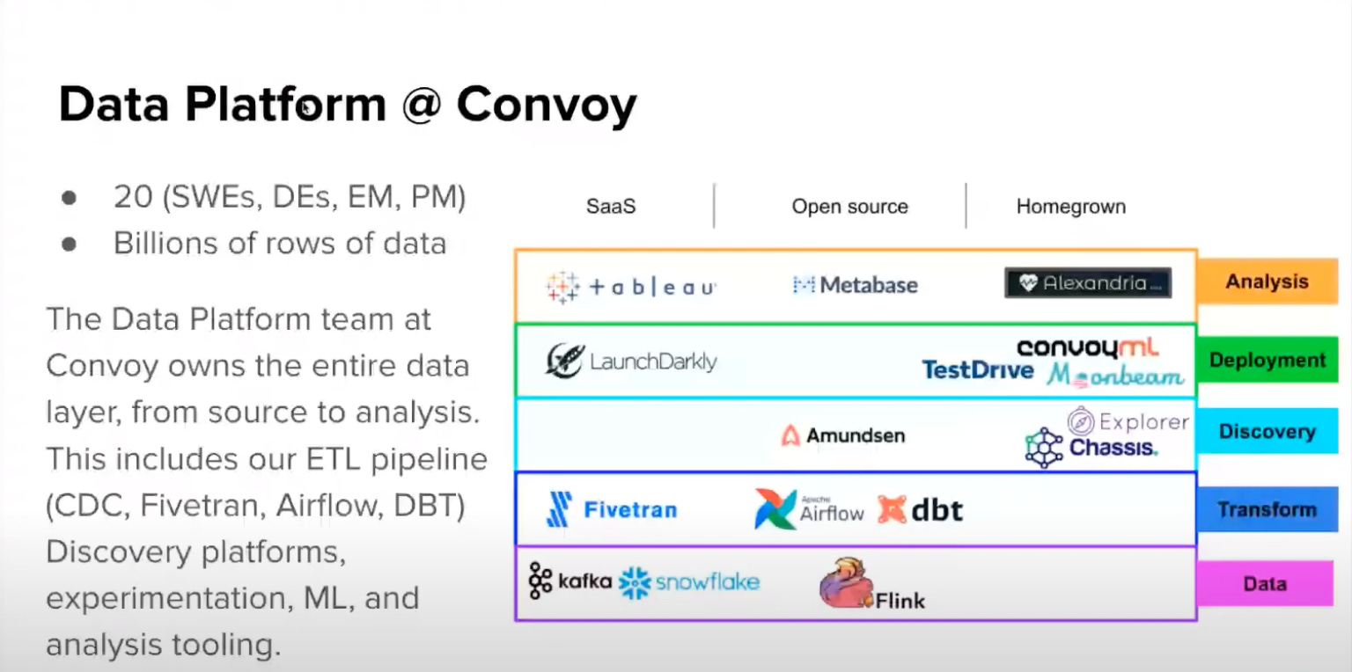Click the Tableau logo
pyautogui.click(x=630, y=286)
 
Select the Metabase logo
pyautogui.click(x=855, y=285)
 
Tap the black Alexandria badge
pyautogui.click(x=1088, y=283)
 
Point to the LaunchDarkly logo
pyautogui.click(x=630, y=361)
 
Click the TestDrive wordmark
pyautogui.click(x=977, y=370)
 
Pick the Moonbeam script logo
pyautogui.click(x=1115, y=376)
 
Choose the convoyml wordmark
pyautogui.click(x=1088, y=347)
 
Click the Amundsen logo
pyautogui.click(x=842, y=435)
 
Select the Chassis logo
pyautogui.click(x=1091, y=448)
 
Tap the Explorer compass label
pyautogui.click(x=1128, y=422)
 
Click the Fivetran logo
pyautogui.click(x=612, y=510)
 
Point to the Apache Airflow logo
pyautogui.click(x=809, y=509)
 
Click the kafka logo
pyautogui.click(x=569, y=581)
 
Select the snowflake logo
pyautogui.click(x=688, y=582)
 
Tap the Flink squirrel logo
pyautogui.click(x=871, y=585)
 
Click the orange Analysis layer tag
pyautogui.click(x=1267, y=282)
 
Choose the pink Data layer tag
pyautogui.click(x=1265, y=584)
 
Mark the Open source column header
pyautogui.click(x=849, y=208)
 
